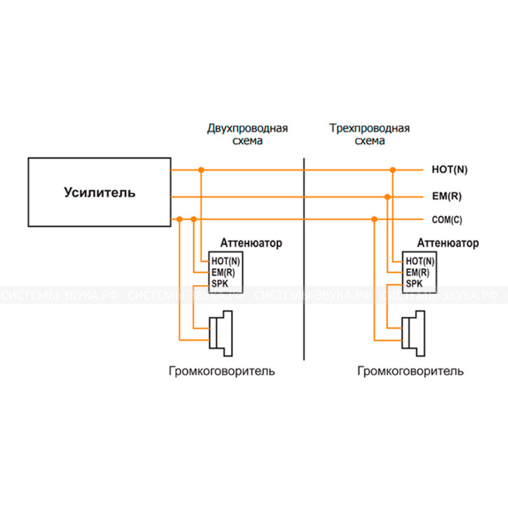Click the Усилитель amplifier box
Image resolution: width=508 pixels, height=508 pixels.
[x=99, y=192]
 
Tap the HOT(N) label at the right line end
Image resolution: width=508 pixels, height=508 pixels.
[x=449, y=170]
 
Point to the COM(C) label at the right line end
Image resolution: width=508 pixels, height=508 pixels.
[x=447, y=220]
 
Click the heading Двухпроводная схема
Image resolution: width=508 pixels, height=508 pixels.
[x=248, y=135]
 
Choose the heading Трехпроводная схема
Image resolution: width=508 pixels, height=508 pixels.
[x=370, y=135]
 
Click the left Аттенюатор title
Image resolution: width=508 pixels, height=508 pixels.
[x=251, y=243]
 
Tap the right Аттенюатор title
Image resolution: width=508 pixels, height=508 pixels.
[x=449, y=243]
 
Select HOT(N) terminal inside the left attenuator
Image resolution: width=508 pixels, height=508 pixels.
[x=226, y=261]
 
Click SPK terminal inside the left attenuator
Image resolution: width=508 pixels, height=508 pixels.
[x=219, y=283]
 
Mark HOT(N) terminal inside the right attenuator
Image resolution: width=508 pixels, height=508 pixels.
[x=420, y=261]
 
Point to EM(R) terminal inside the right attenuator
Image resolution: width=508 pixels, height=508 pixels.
[x=418, y=272]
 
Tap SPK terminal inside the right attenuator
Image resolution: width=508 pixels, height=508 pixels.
[x=413, y=283]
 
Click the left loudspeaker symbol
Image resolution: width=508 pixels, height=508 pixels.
[x=222, y=331]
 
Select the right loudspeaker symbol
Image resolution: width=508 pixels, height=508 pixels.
[x=412, y=331]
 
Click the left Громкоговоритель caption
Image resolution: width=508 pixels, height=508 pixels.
[x=222, y=371]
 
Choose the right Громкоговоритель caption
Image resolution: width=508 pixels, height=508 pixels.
[x=410, y=371]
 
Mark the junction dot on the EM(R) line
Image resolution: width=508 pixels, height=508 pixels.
[x=387, y=197]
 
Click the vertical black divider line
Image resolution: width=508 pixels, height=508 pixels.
[x=305, y=267]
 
